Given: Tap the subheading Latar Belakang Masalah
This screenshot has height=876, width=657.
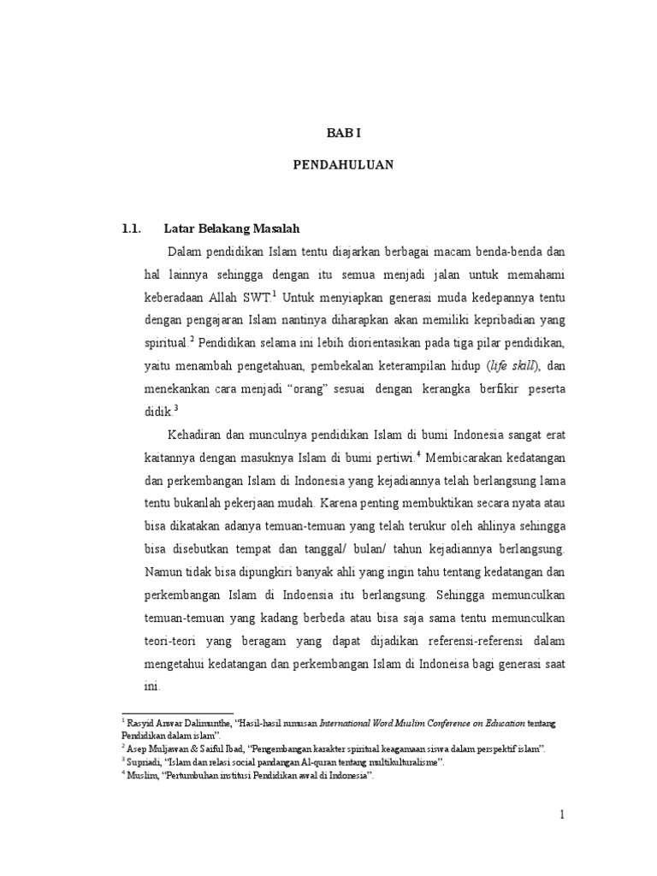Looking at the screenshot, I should coord(231,228).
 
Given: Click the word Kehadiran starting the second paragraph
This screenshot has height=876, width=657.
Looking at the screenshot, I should coord(198,435).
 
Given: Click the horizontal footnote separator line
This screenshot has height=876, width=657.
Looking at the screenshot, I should coord(178,712).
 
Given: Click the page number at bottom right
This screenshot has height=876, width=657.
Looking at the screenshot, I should coord(563,816).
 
